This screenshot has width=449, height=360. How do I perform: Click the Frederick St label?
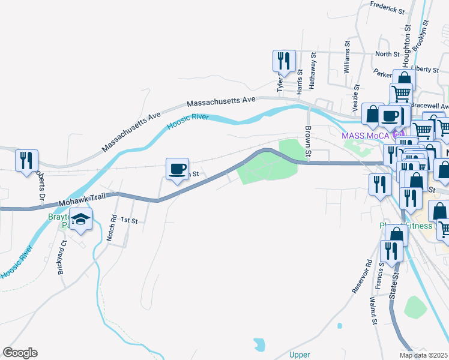pyautogui.click(x=388, y=8)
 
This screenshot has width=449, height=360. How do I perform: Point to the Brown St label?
pyautogui.click(x=308, y=142)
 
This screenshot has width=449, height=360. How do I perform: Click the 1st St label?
pyautogui.click(x=129, y=221)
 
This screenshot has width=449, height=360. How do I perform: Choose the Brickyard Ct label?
pyautogui.click(x=61, y=257)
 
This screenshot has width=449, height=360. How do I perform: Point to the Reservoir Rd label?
pyautogui.click(x=361, y=277)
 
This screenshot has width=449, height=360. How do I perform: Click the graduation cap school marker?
pyautogui.click(x=79, y=220)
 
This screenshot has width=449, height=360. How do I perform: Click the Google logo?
pyautogui.click(x=20, y=353)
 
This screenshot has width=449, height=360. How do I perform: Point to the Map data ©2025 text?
pyautogui.click(x=423, y=355)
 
